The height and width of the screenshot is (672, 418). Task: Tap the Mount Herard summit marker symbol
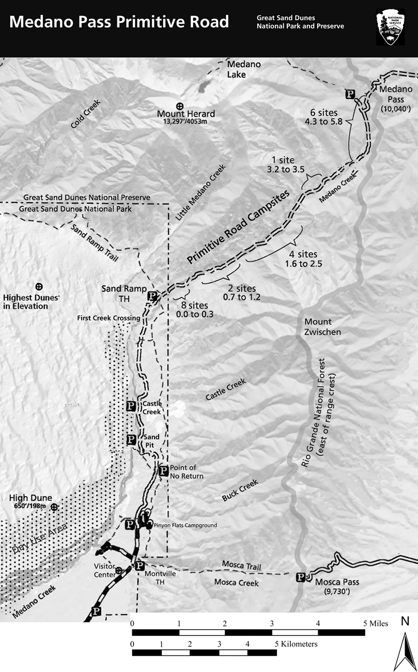180,105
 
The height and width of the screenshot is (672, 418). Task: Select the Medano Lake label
244,69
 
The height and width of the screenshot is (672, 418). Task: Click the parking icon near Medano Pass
350,94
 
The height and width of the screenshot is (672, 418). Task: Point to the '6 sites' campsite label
323,112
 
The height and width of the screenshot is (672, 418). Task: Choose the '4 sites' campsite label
303,254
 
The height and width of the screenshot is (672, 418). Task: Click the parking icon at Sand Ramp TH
152,296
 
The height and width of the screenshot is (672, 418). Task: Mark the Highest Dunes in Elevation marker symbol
38,286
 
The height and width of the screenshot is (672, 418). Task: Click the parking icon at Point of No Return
163,470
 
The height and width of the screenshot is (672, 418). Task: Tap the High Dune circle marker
53,507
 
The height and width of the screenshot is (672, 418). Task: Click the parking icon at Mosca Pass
300,577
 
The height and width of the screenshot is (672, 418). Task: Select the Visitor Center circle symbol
119,570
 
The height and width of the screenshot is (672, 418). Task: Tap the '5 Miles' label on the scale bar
376,623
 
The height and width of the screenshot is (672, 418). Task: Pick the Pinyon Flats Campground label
185,525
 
